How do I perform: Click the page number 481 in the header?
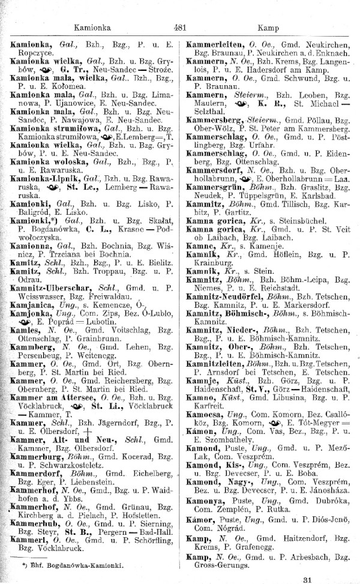coord(178,27)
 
